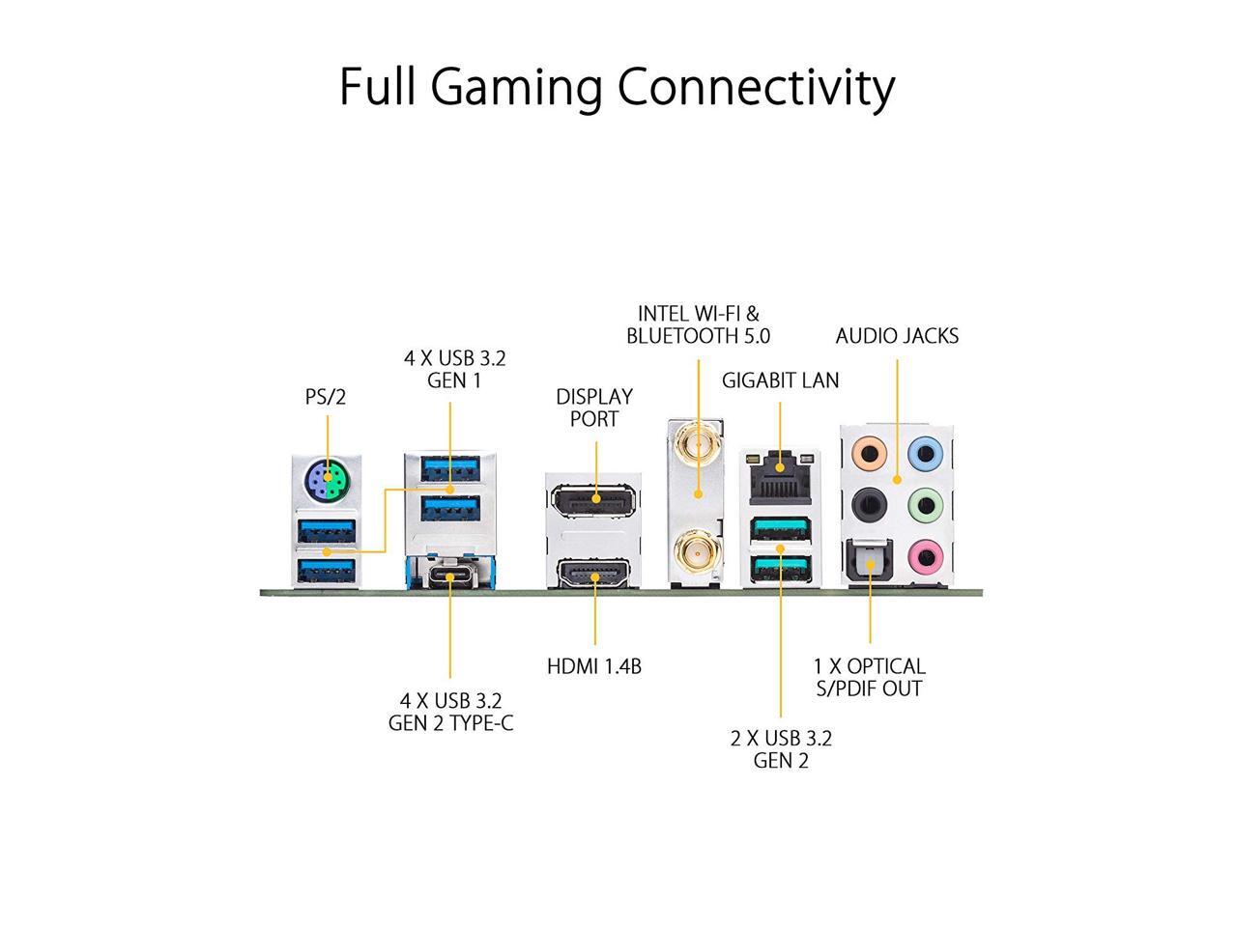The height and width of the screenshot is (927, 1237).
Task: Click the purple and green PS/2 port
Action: tap(328, 478)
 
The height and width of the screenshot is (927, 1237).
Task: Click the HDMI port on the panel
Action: tap(593, 577)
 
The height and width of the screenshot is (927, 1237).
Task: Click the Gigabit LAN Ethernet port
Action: tap(779, 475)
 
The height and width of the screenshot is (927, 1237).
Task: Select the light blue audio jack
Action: tap(926, 451)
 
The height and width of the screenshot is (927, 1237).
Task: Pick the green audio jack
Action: tap(926, 502)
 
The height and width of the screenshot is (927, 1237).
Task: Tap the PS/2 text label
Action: tap(326, 397)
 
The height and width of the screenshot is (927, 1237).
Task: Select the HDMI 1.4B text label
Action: tap(594, 666)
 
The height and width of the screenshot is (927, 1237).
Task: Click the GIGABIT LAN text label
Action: tap(780, 380)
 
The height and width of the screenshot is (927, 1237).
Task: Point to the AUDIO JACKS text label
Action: tap(897, 336)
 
